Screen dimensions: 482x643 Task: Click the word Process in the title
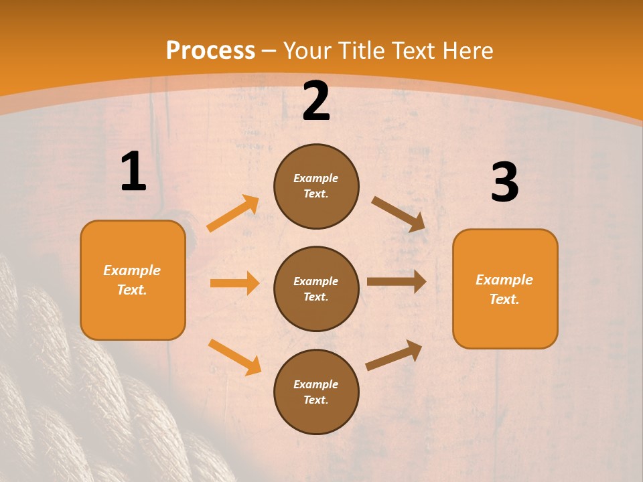point(210,51)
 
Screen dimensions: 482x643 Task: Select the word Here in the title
point(467,51)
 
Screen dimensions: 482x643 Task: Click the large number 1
point(133,172)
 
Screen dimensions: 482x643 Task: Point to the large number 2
point(316,102)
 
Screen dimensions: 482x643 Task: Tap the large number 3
point(504,183)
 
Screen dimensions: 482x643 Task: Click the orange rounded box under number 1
point(133,280)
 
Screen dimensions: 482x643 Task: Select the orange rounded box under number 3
point(505,289)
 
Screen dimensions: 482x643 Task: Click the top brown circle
point(316,186)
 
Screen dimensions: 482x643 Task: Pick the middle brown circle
point(316,289)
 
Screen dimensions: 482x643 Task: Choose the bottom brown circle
point(316,392)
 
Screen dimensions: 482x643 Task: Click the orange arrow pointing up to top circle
point(233,214)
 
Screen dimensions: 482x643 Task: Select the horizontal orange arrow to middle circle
point(234,283)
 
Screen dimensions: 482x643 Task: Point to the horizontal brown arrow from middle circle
point(397,281)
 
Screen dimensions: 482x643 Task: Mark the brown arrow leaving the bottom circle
point(394,355)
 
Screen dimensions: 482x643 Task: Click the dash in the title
point(269,51)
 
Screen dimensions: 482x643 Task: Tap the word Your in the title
point(307,51)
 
